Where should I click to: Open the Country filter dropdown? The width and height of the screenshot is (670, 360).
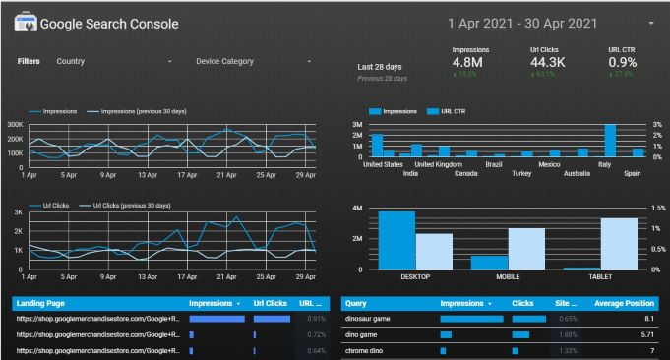point(113,61)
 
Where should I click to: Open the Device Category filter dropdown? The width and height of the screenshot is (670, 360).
point(253,61)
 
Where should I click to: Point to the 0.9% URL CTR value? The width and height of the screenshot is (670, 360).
point(622,63)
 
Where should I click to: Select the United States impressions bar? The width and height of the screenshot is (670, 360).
point(377,146)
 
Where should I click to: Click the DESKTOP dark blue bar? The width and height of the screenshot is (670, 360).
point(396,240)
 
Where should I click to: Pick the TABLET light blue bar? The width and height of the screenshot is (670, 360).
point(619,244)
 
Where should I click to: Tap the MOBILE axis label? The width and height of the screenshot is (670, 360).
point(507,277)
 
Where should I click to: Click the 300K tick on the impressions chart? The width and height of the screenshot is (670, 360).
point(15,125)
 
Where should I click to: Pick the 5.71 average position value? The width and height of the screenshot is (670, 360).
point(646,334)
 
